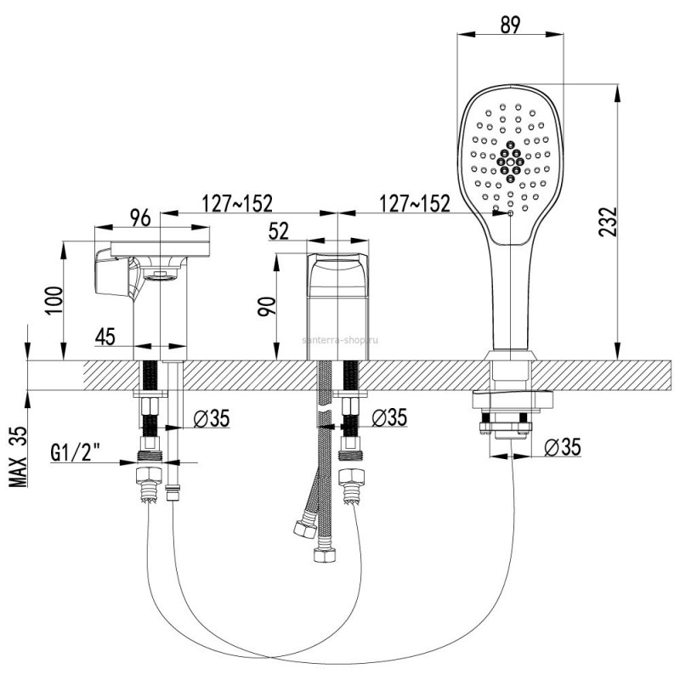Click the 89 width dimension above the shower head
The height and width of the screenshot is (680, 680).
510,25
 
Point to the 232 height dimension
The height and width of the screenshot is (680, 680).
607,222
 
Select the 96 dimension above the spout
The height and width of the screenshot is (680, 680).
140,218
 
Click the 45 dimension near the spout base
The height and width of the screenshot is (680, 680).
105,337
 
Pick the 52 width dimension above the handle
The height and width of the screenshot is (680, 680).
279,231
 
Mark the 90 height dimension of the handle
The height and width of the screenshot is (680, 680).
267,307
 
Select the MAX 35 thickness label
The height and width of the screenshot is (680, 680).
18,457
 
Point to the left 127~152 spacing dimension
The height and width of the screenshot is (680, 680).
238,203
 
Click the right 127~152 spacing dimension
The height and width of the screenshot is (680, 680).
415,203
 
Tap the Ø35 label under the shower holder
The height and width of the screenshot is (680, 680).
563,447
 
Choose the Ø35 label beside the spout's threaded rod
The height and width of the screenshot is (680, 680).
211,419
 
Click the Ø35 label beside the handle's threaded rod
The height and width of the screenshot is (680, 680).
389,417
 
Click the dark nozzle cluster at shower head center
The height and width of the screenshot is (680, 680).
511,161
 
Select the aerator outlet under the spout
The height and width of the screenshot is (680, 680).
161,275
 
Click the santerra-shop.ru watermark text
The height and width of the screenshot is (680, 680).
339,340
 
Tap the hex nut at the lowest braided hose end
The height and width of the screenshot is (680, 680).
325,555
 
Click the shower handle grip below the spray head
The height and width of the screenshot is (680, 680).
512,299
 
